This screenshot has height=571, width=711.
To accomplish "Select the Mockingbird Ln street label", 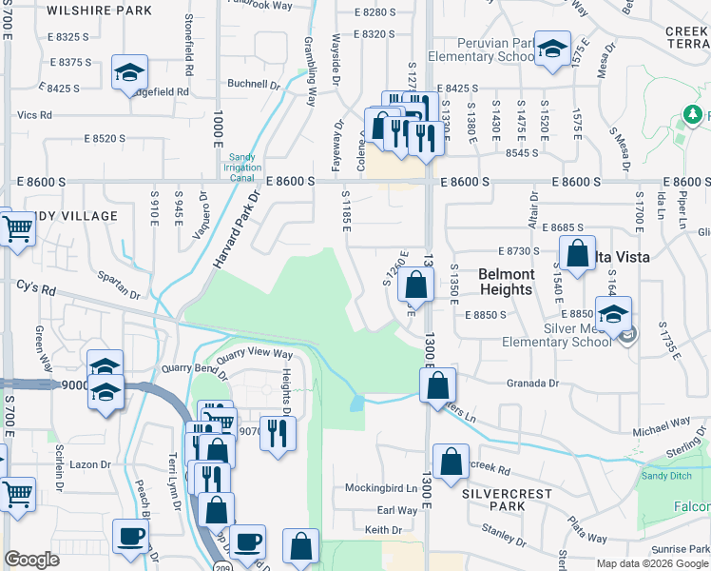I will click(x=385, y=488).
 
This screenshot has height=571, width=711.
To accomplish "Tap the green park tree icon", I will click(x=693, y=116).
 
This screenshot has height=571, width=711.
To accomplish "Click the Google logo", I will click(x=31, y=560).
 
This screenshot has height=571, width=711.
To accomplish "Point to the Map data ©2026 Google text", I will click(x=651, y=563).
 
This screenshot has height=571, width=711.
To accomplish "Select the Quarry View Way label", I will click(x=255, y=354).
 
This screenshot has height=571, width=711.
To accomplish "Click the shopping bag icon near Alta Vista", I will click(x=577, y=253).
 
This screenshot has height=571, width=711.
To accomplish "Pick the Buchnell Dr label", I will click(x=254, y=84).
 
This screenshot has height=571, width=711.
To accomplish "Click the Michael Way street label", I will click(x=662, y=426).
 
